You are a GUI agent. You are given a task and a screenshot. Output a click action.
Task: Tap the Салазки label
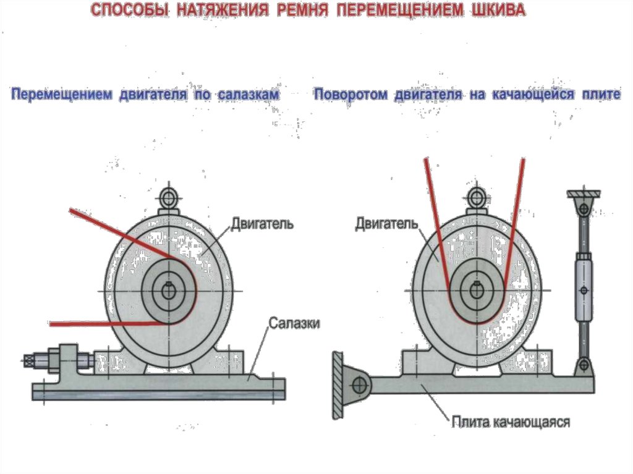point(294,323)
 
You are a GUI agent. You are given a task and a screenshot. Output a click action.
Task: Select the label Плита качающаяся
point(509,423)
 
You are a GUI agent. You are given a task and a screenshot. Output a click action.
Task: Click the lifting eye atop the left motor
point(168,198)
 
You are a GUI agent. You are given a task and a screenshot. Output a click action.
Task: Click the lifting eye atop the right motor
point(476,198)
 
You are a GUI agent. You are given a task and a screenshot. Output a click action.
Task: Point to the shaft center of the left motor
point(168,290)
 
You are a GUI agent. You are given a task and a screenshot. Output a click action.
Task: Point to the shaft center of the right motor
point(476,290)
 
